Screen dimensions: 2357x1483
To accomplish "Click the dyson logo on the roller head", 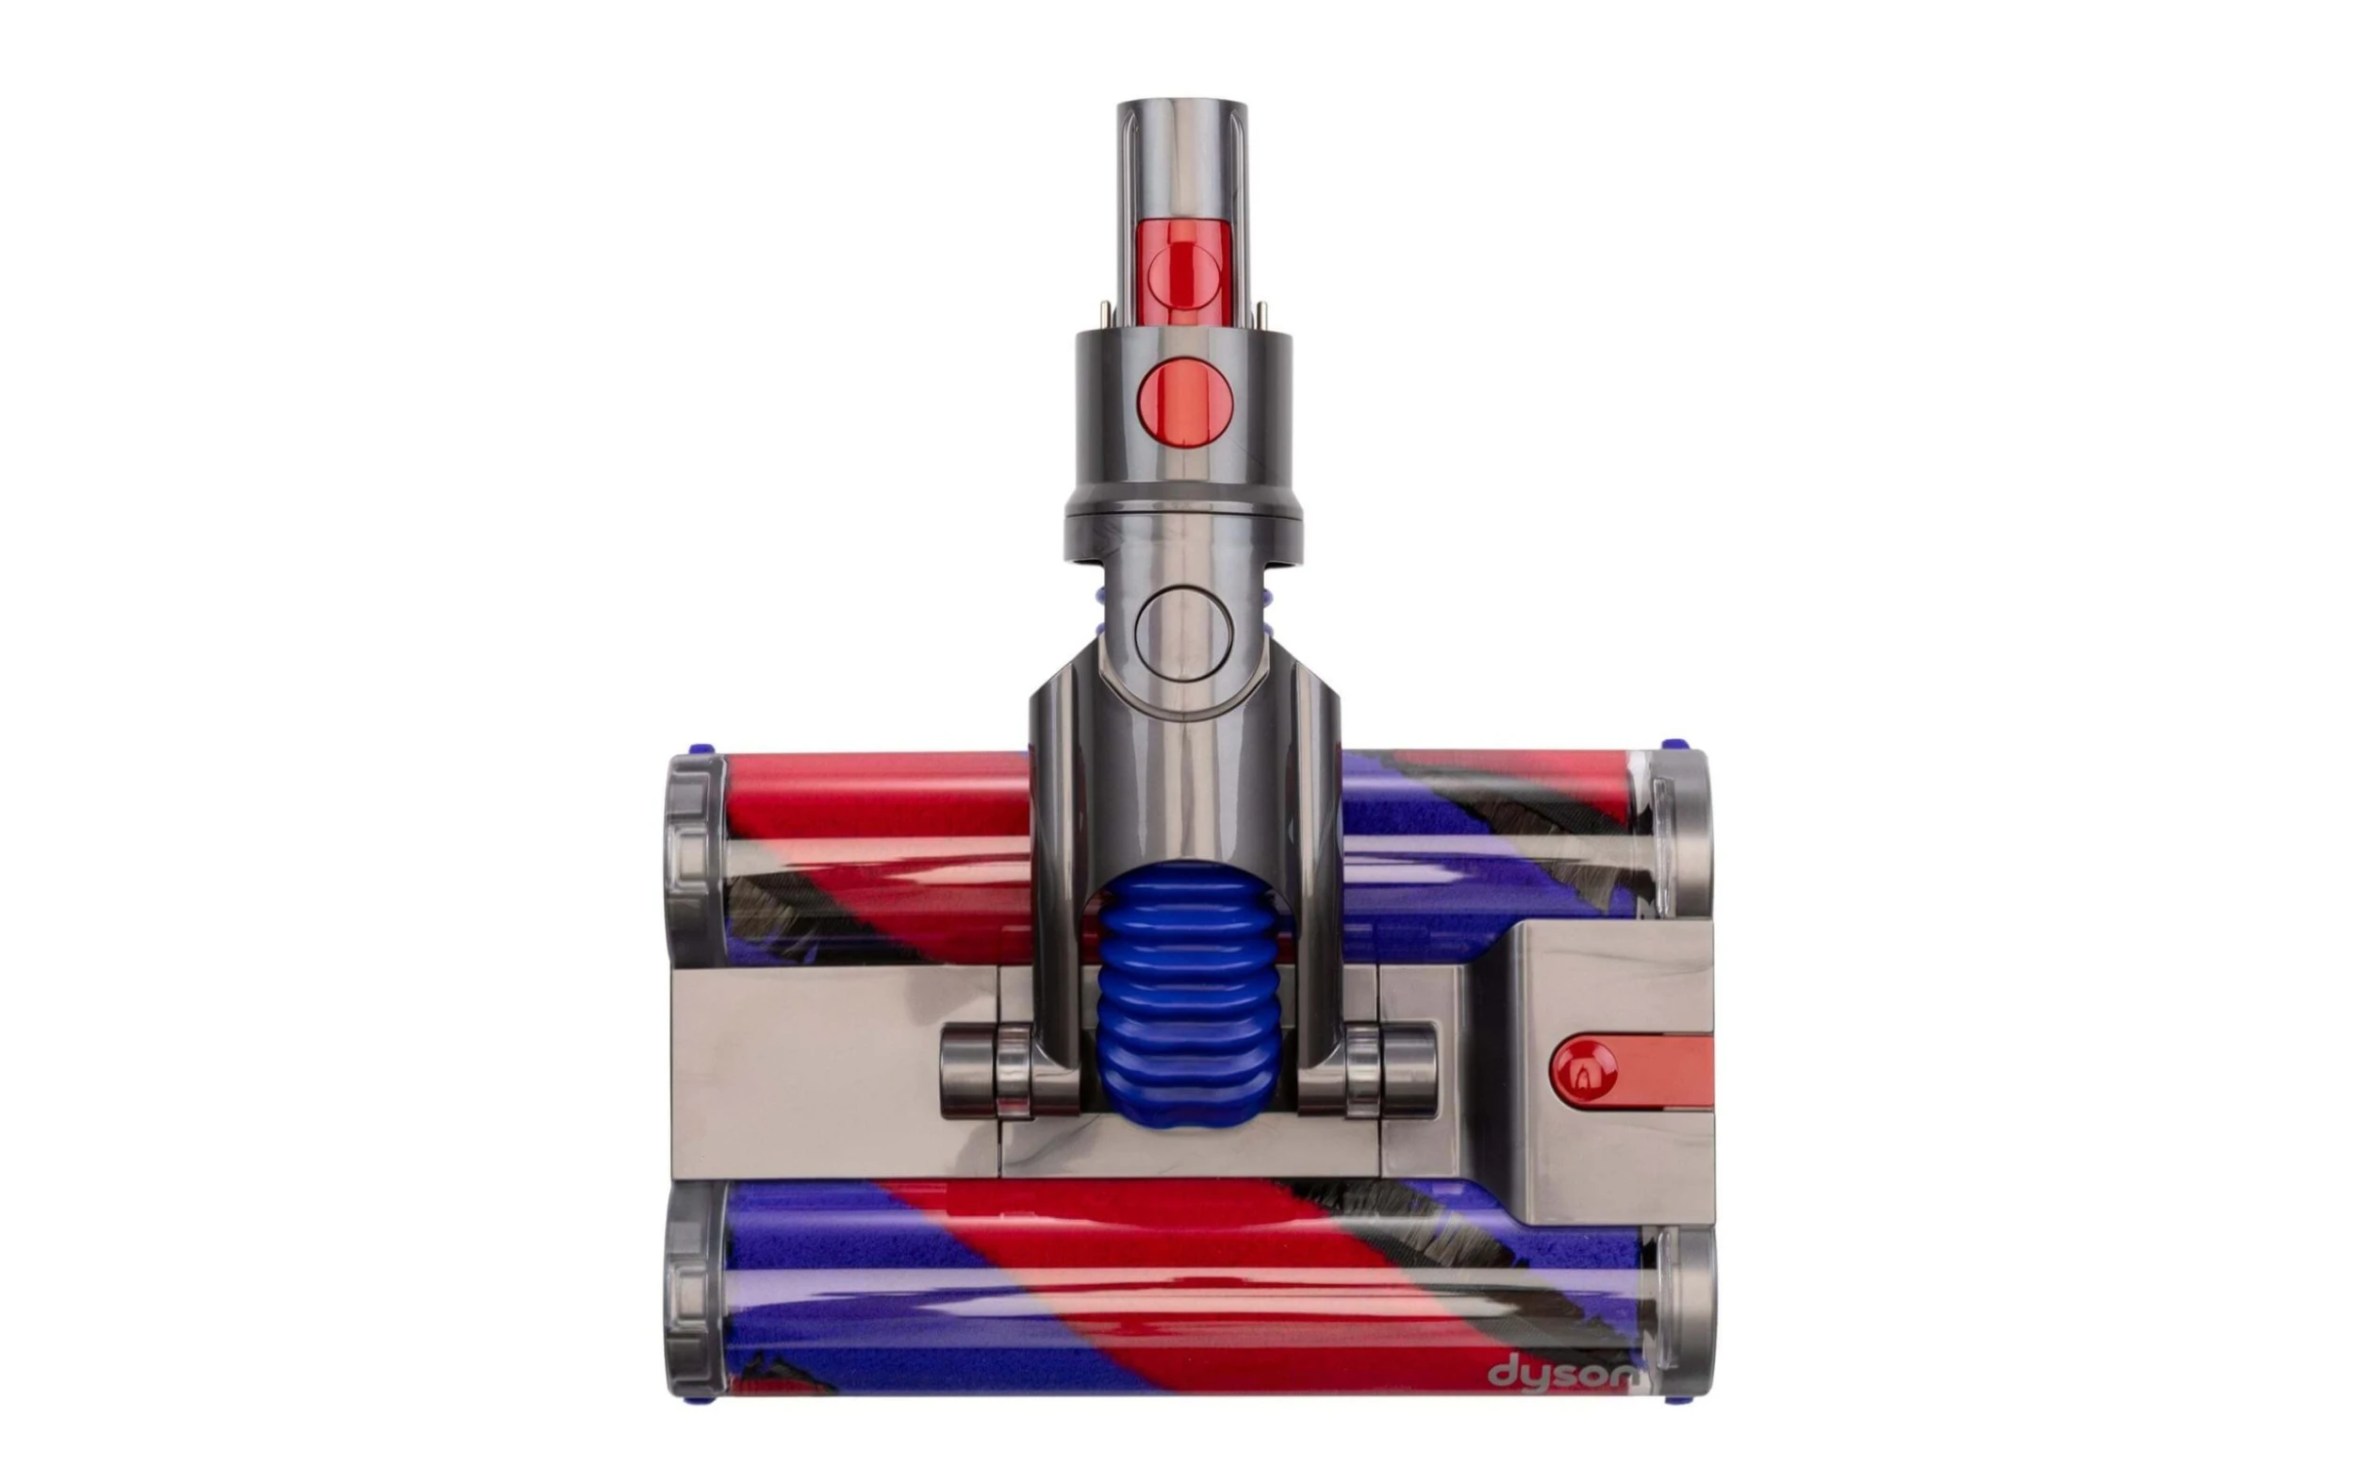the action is [1562, 1373].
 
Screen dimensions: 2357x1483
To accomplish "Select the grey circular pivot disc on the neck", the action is [1183, 634].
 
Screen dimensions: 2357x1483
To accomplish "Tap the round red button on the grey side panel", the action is [1584, 1073].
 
